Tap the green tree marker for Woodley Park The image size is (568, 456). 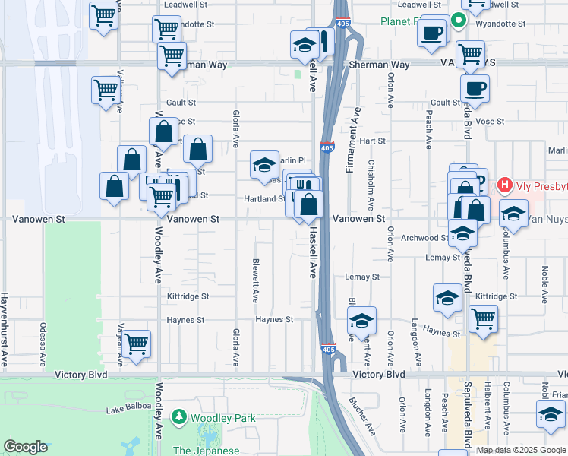click(x=179, y=417)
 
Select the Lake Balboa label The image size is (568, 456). click(x=127, y=411)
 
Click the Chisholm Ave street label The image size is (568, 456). click(x=371, y=185)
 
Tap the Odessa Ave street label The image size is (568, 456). click(x=42, y=341)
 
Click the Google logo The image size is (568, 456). click(x=25, y=447)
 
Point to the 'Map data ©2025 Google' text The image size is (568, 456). click(x=521, y=450)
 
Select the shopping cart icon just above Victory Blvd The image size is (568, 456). click(x=137, y=344)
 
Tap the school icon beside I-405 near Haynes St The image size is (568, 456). click(x=362, y=322)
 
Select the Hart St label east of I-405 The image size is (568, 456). click(x=373, y=141)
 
